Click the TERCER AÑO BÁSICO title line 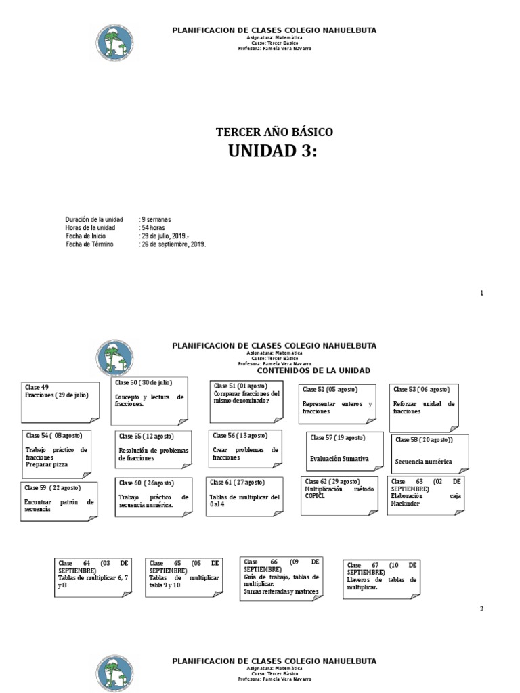pos(274,132)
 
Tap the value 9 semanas pos(156,219)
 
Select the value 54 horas pos(153,228)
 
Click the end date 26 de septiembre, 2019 pos(173,244)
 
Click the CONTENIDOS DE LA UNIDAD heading pos(313,371)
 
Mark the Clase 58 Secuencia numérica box pos(429,454)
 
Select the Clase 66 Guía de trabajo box pos(281,578)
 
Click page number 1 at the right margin pos(482,293)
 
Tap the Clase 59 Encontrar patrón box pos(59,501)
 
